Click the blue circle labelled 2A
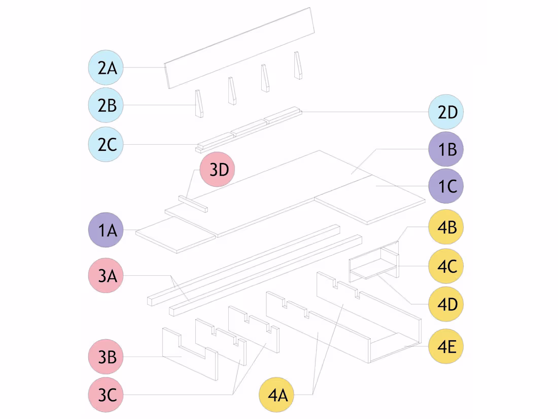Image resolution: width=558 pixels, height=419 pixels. (x=106, y=68)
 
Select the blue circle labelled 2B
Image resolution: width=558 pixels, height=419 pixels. (x=106, y=105)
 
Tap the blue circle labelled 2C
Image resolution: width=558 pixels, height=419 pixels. (x=106, y=144)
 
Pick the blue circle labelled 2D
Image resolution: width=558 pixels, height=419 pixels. (x=446, y=112)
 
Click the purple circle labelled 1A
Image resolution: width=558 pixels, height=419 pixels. (x=106, y=230)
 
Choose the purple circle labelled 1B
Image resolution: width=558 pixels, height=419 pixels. (x=446, y=149)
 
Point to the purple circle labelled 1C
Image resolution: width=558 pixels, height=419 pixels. (x=446, y=186)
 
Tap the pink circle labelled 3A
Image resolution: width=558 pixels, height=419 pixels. (x=106, y=275)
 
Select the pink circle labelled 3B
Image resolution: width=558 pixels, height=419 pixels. (x=106, y=357)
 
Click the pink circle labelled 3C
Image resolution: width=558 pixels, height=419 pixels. (x=106, y=395)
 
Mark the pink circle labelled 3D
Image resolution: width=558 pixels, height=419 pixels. (x=218, y=169)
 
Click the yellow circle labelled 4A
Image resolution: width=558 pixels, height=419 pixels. (x=276, y=395)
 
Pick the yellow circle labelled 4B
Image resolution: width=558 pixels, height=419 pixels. (x=446, y=227)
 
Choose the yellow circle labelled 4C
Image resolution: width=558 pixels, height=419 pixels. (x=446, y=266)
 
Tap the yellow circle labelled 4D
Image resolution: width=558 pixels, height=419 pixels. (x=446, y=304)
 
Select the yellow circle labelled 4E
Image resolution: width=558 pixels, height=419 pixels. (x=446, y=346)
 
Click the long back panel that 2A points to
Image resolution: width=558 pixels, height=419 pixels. (x=239, y=48)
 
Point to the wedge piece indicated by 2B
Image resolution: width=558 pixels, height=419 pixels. (x=199, y=103)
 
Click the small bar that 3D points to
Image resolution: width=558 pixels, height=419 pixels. (x=193, y=204)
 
